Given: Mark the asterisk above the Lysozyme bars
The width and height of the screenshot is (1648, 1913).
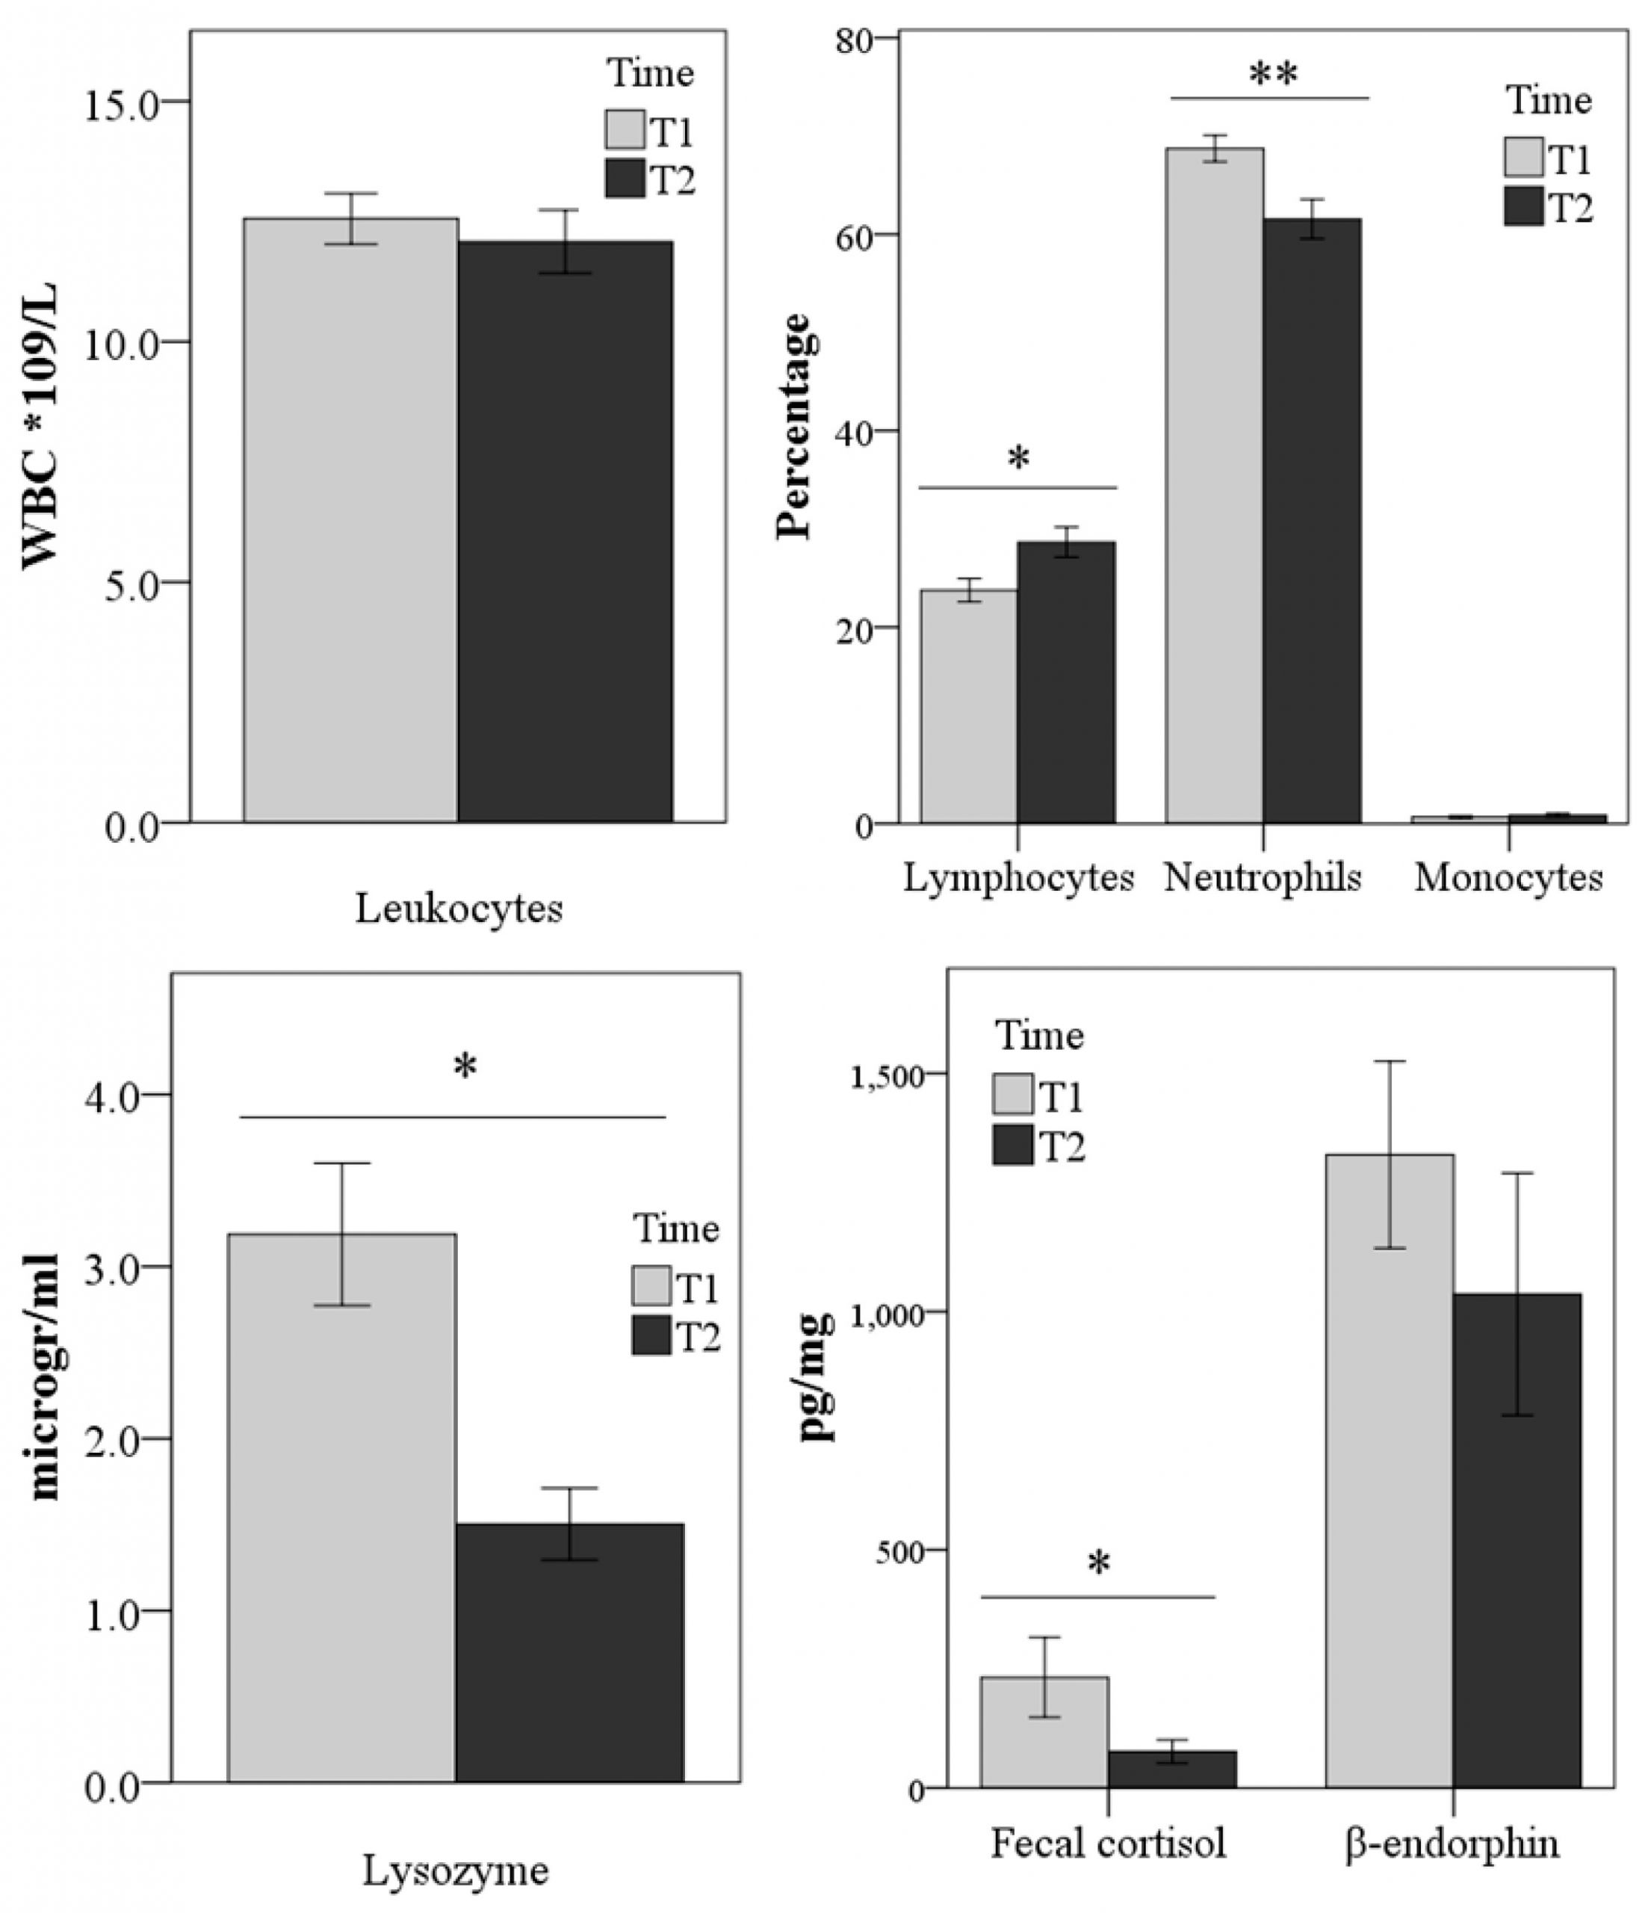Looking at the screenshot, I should [x=465, y=1067].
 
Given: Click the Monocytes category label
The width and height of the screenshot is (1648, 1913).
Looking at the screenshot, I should [x=1508, y=877].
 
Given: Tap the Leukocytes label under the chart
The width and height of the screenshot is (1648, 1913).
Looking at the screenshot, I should [x=459, y=909].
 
